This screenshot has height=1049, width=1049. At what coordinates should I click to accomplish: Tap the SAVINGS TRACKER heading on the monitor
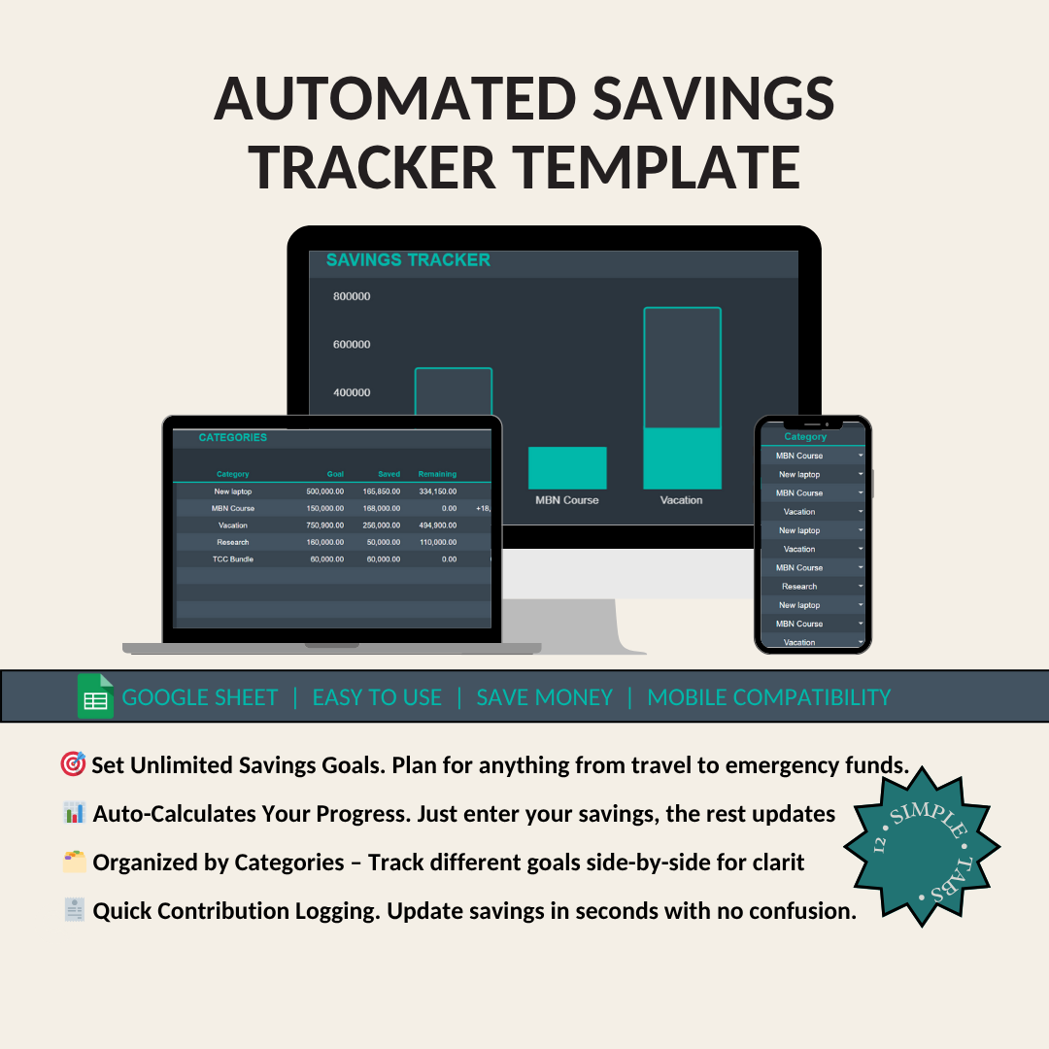408,260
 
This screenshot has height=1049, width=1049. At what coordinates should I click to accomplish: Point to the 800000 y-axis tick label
351,296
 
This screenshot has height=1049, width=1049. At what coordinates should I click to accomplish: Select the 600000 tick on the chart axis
351,345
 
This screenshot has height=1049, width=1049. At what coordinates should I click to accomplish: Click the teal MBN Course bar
567,467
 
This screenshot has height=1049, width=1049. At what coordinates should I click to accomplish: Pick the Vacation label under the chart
681,500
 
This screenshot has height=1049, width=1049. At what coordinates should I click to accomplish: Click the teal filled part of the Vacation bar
682,457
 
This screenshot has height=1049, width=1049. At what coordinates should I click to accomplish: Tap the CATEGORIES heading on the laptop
233,438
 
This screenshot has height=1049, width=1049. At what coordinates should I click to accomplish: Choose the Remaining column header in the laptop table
437,474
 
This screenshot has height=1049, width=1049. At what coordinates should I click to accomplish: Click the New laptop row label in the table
233,491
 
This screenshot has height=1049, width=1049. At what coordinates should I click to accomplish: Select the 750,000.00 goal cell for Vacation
324,525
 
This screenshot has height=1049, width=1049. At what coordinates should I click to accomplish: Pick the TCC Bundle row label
233,559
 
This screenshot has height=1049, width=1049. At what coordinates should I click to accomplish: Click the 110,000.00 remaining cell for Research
437,542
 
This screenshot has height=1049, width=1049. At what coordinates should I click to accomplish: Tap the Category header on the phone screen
805,437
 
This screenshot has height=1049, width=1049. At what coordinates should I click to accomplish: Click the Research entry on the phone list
799,587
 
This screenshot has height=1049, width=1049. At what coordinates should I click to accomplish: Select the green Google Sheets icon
95,696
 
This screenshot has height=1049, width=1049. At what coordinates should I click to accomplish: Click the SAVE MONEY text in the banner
544,697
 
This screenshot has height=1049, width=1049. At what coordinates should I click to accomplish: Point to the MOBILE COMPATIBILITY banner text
768,697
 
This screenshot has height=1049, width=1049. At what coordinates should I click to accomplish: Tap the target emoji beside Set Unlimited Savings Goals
73,765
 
